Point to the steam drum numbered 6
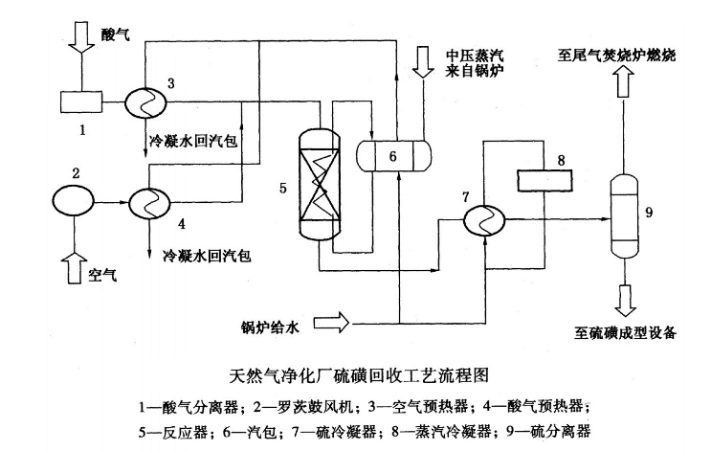coord(393,154)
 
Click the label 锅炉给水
coord(271,327)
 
